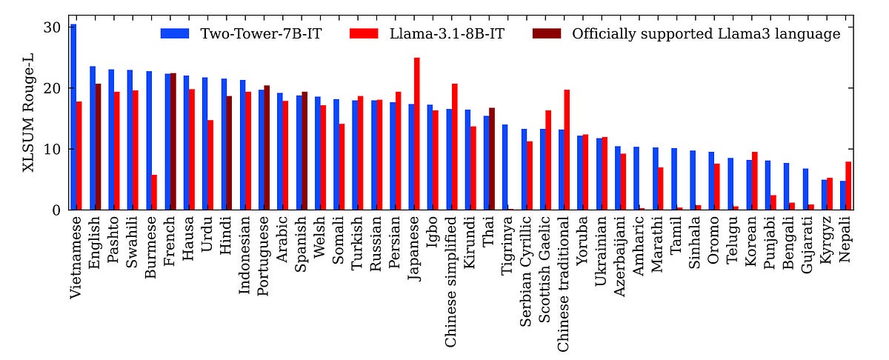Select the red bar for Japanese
[417, 133]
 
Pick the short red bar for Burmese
[154, 193]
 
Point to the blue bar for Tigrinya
[505, 167]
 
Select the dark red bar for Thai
[492, 159]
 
